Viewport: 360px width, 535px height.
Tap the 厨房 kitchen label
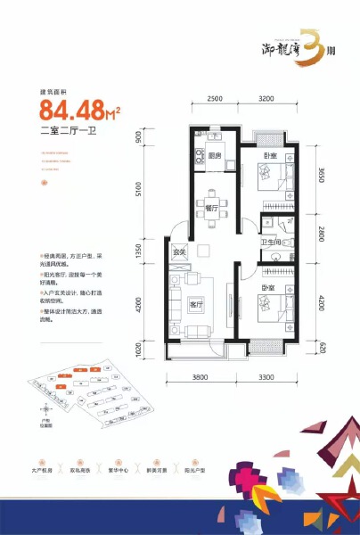[x=214, y=155]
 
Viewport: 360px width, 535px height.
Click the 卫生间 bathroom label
[x=271, y=243]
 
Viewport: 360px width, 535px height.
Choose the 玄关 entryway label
[x=178, y=252]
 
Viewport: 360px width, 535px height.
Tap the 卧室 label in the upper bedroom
[x=268, y=156]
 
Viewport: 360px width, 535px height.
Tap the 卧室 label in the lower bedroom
[x=268, y=288]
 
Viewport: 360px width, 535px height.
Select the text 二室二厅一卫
[x=71, y=134]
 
